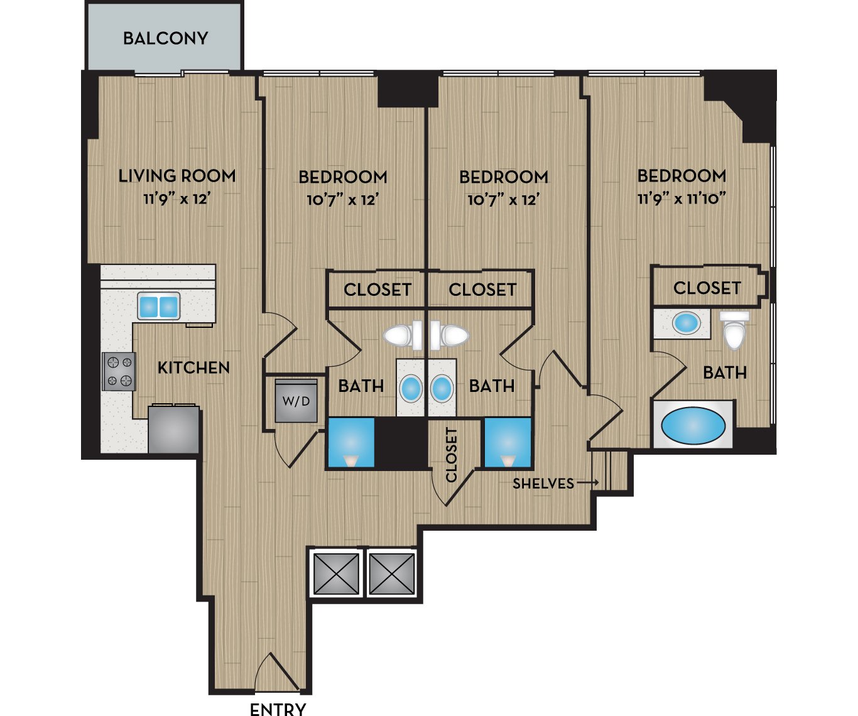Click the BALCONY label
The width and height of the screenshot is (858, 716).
click(166, 38)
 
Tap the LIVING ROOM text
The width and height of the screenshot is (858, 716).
click(177, 176)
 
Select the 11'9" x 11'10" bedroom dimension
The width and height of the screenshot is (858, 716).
click(682, 199)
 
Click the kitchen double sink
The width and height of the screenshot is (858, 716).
click(158, 306)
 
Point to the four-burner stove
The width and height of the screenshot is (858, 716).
click(119, 372)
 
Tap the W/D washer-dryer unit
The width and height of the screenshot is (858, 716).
click(296, 401)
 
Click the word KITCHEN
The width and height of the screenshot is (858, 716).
click(193, 368)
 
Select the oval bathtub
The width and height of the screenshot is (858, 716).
click(693, 426)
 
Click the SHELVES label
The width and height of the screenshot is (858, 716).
click(543, 484)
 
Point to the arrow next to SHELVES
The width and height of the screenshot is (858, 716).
click(588, 482)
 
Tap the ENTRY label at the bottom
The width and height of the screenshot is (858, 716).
click(278, 709)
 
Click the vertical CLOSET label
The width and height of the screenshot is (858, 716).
click(451, 455)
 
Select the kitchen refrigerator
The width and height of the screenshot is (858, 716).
click(174, 429)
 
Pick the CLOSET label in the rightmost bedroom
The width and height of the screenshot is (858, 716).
click(707, 288)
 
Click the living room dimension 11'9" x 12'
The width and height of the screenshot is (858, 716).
click(177, 199)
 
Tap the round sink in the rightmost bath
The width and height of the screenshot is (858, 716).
click(687, 323)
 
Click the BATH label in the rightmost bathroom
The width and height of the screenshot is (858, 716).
click(725, 373)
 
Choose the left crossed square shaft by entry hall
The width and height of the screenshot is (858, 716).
click(336, 574)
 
